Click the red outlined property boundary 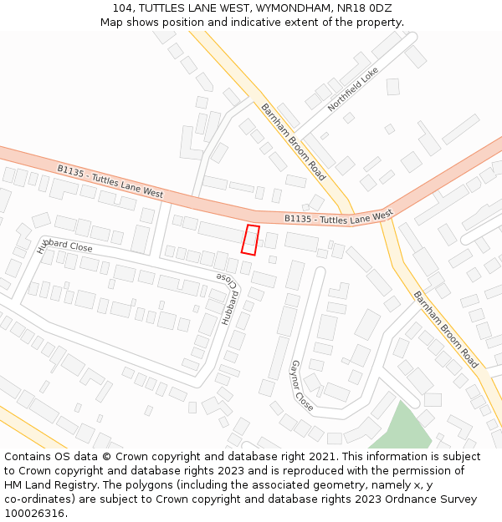[x=250, y=240]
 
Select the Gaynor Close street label [x=301, y=386]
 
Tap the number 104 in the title [x=122, y=8]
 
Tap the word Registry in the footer [x=95, y=485]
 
